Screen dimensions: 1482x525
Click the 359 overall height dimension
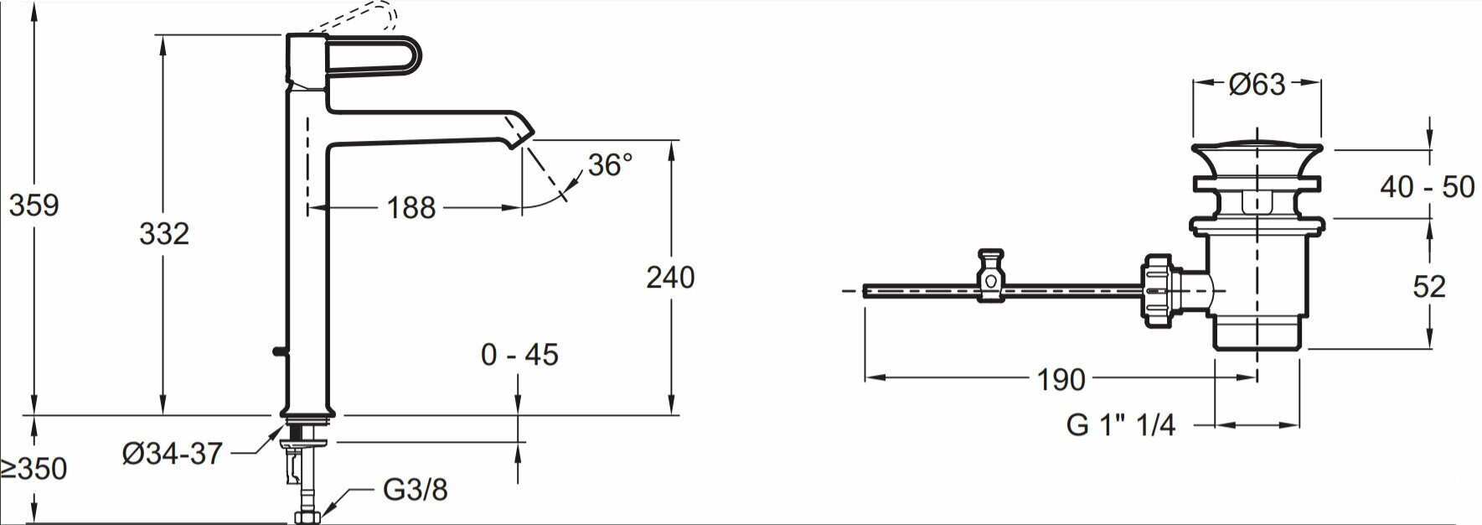tap(34, 205)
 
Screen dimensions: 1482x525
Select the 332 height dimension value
tap(164, 234)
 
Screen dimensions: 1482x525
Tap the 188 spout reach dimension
tap(411, 207)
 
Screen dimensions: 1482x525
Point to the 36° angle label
tap(610, 164)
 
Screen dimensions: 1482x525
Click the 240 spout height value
tap(670, 277)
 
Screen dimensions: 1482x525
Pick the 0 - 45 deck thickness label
tap(519, 355)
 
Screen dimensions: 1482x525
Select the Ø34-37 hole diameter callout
tap(173, 454)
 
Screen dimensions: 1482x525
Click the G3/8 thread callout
tap(416, 490)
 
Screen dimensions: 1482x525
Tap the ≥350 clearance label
tap(34, 469)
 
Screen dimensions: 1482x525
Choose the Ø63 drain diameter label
tap(1257, 85)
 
